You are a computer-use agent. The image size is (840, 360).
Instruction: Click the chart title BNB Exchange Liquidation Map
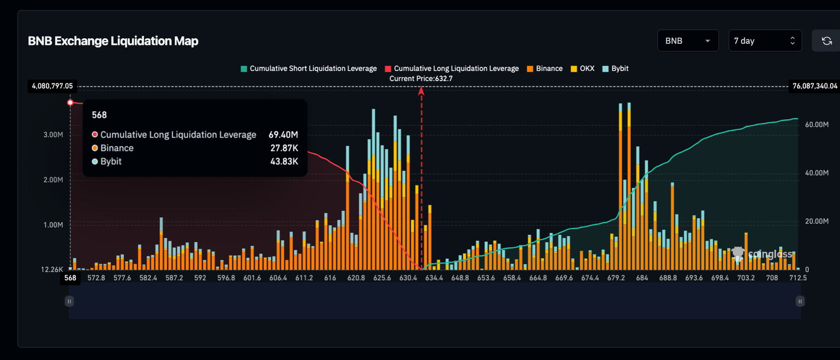tap(113, 41)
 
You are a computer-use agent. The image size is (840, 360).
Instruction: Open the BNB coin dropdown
tap(687, 41)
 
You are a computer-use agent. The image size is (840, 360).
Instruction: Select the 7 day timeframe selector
tap(765, 41)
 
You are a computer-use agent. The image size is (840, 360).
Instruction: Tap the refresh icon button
tap(826, 41)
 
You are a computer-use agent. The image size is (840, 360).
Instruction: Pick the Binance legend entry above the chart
tap(545, 69)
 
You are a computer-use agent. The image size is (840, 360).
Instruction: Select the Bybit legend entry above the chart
tap(615, 69)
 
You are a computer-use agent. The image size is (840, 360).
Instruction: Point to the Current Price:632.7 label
tap(421, 79)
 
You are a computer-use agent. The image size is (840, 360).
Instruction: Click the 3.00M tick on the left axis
tap(53, 135)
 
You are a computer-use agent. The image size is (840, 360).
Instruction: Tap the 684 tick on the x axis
tap(642, 278)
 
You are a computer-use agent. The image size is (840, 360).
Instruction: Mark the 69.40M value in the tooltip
tap(283, 135)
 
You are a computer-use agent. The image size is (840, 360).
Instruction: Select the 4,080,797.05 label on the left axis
tap(52, 86)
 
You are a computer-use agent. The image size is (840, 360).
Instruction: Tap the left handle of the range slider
tap(69, 301)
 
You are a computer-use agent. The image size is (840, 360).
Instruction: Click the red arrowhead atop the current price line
tap(421, 91)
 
